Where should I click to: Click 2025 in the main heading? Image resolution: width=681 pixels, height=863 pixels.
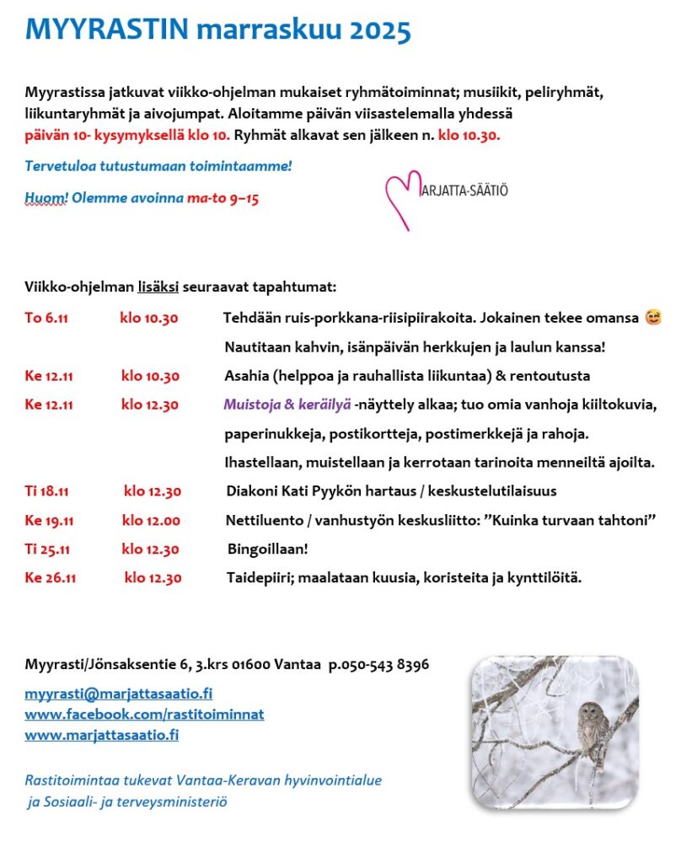pyautogui.click(x=378, y=31)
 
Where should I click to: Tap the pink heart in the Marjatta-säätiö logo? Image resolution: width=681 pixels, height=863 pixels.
pyautogui.click(x=402, y=199)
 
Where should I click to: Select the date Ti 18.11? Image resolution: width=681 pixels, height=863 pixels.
pyautogui.click(x=47, y=490)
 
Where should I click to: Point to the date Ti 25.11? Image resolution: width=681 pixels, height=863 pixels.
pyautogui.click(x=47, y=549)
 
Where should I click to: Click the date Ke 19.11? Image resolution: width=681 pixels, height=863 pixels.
pyautogui.click(x=49, y=520)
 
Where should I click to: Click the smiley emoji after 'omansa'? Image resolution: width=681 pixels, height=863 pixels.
pyautogui.click(x=652, y=318)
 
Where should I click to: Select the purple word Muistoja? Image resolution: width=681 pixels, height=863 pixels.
pyautogui.click(x=251, y=405)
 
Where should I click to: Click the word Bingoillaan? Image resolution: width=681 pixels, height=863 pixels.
pyautogui.click(x=267, y=549)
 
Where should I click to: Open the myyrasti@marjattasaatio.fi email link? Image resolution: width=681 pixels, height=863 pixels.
pyautogui.click(x=118, y=694)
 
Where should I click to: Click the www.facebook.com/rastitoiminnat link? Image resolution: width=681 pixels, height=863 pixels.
pyautogui.click(x=144, y=714)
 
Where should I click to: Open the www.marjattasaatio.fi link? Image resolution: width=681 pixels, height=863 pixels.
pyautogui.click(x=101, y=735)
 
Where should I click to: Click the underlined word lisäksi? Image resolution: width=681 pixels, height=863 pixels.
pyautogui.click(x=158, y=287)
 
